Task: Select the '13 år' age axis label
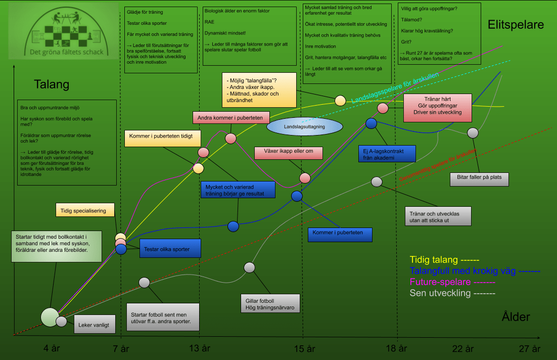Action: [x=199, y=348]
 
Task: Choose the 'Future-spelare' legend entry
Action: [x=452, y=282]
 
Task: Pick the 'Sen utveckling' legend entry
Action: [x=452, y=293]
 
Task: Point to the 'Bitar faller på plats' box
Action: [x=479, y=179]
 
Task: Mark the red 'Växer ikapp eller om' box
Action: [x=289, y=151]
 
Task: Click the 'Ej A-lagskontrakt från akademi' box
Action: [x=386, y=154]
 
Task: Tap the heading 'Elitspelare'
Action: [x=516, y=24]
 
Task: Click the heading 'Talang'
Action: [x=51, y=84]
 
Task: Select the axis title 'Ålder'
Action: [x=516, y=317]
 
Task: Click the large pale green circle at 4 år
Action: [x=50, y=317]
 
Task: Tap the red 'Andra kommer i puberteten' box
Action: [x=230, y=118]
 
